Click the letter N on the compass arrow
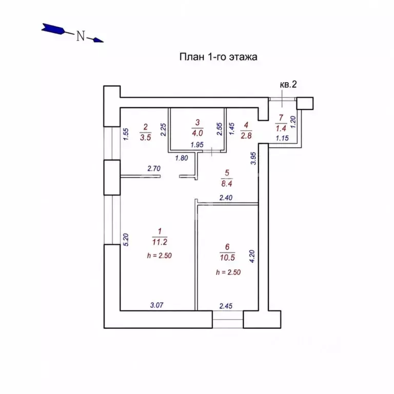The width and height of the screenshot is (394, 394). (81, 36)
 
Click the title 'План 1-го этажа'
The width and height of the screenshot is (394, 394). (218, 57)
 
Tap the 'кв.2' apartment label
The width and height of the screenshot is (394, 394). (288, 85)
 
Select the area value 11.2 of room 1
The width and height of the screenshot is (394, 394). (160, 242)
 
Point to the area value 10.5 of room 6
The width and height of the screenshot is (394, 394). (227, 258)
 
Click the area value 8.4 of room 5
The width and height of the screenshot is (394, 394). (227, 184)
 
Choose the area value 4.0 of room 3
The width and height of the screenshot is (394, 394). (198, 133)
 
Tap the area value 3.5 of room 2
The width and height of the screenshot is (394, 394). (146, 137)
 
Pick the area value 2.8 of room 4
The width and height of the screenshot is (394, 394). (246, 135)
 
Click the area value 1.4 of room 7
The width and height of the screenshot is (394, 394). (281, 128)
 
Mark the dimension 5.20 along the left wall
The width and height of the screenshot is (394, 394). (126, 240)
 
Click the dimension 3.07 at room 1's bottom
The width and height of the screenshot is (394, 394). (157, 305)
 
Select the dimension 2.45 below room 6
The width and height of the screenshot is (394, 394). (226, 306)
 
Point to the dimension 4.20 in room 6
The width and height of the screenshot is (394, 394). (252, 257)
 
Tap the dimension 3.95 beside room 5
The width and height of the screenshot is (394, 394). (253, 159)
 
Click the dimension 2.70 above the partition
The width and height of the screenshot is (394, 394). (154, 168)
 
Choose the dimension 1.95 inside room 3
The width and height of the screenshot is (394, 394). (197, 145)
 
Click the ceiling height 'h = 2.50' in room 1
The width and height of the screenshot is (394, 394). (160, 255)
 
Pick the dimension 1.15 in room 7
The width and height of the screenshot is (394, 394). (282, 138)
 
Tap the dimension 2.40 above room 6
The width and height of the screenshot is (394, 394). (226, 198)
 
